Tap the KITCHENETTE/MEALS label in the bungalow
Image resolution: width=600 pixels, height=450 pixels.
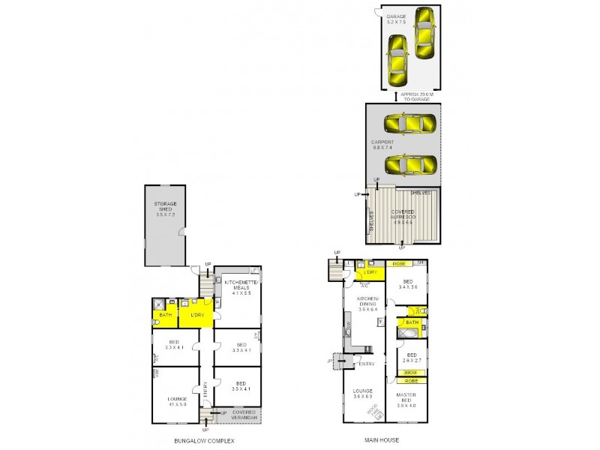coord(241,287)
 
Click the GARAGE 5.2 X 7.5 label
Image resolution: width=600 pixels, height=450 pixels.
coord(396,19)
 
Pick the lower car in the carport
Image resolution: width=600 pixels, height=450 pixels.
coord(409,164)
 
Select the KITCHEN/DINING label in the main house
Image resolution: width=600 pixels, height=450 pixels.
coord(368,305)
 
